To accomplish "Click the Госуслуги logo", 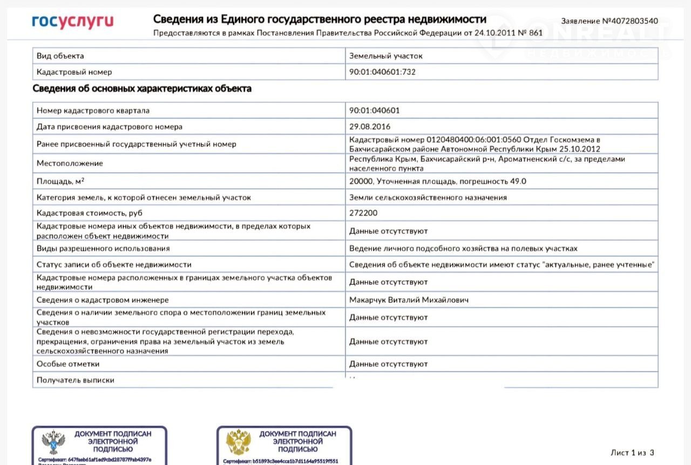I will (72, 21).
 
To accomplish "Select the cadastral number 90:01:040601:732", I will (382, 72).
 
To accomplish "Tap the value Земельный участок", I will (385, 56).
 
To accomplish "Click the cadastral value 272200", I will (363, 213).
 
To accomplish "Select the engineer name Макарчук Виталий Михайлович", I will (409, 300).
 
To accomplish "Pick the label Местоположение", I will (70, 163).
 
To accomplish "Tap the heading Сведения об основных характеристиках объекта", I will (142, 88).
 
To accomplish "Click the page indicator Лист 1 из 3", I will (632, 453).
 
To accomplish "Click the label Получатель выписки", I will (76, 380).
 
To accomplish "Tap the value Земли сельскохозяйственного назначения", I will (428, 197).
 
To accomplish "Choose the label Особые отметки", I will (68, 364).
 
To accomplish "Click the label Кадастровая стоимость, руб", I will (90, 213).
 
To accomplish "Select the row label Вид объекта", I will (60, 56).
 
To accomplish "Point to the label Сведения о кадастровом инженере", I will (103, 300).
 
